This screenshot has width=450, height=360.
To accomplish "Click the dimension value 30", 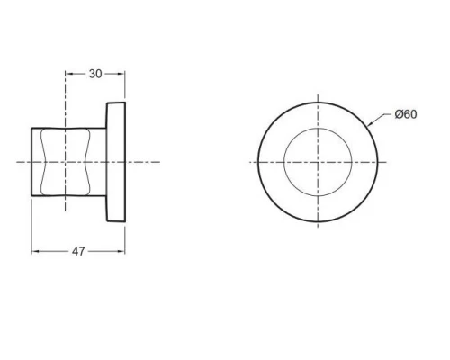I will [x=95, y=74].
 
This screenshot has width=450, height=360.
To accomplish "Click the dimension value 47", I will [x=78, y=252].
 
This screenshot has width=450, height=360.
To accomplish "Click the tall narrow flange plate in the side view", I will [x=117, y=162].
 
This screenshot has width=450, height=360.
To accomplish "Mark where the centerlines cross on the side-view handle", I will [x=66, y=162].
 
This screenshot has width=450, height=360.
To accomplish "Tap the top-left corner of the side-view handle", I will [x=33, y=128].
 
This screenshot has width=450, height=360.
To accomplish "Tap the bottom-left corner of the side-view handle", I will [x=33, y=196].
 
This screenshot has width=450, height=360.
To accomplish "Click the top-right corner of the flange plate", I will [x=125, y=103].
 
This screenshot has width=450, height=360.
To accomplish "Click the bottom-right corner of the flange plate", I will [x=125, y=220].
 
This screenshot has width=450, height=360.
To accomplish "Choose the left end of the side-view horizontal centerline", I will [x=16, y=162].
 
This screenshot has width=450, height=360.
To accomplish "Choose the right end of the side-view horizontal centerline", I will [x=160, y=162].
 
